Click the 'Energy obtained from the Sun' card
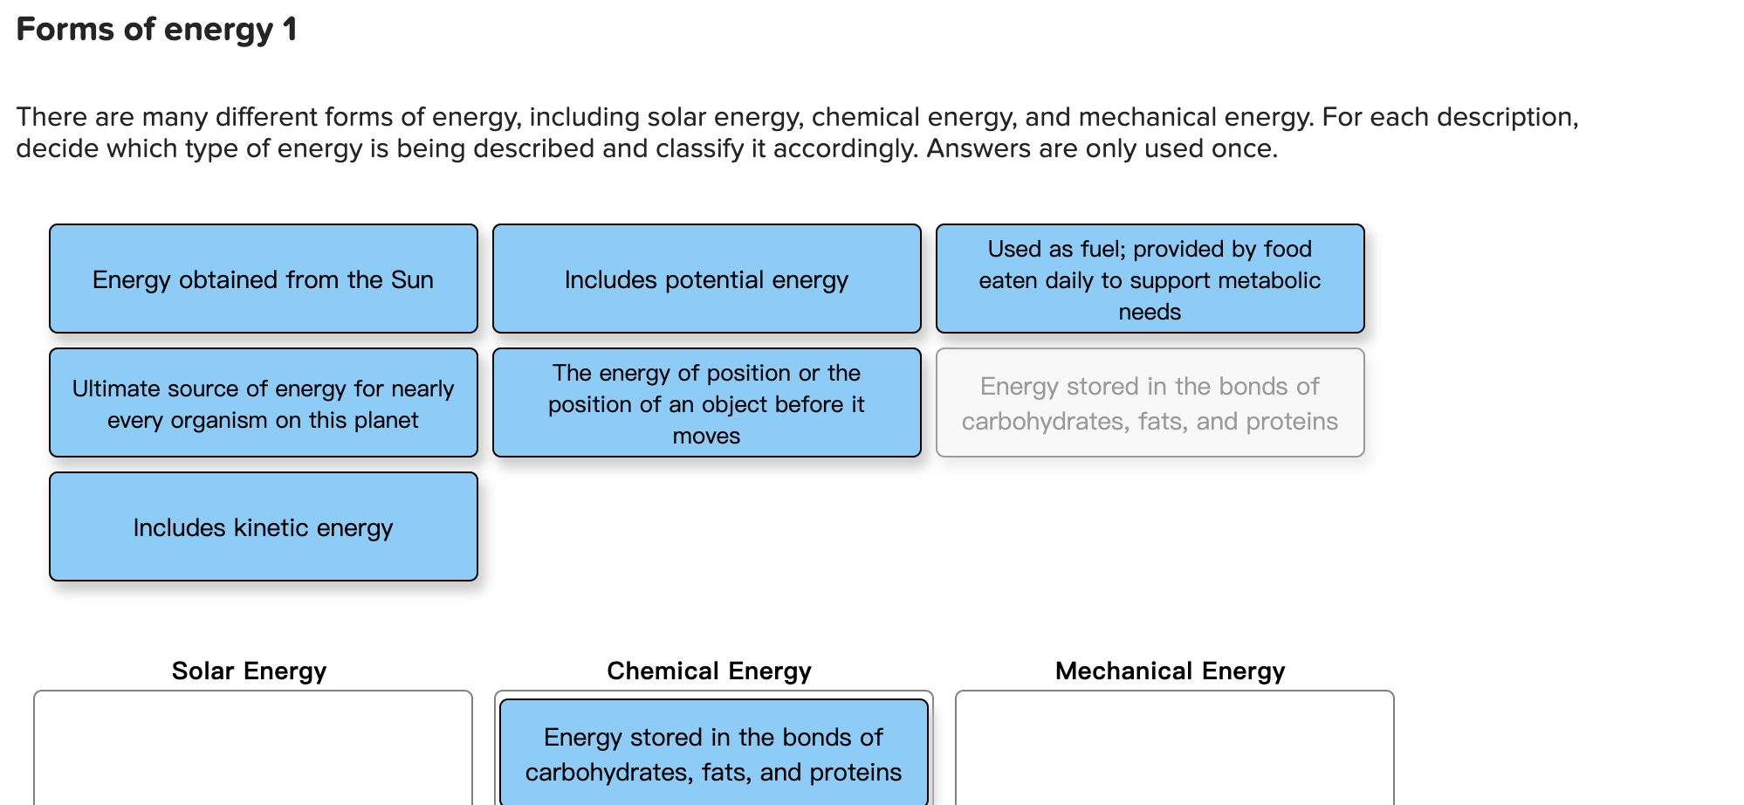pyautogui.click(x=263, y=279)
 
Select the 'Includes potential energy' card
pyautogui.click(x=706, y=279)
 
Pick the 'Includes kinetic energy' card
pyautogui.click(x=263, y=526)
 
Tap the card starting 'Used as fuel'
pyautogui.click(x=1150, y=279)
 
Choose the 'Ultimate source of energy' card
pyautogui.click(x=263, y=402)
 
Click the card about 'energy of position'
pyautogui.click(x=706, y=402)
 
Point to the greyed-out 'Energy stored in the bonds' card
pyautogui.click(x=1150, y=402)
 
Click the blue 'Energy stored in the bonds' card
pyautogui.click(x=713, y=752)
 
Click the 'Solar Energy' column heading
pyautogui.click(x=249, y=671)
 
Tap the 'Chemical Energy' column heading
pyautogui.click(x=709, y=671)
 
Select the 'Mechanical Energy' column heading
pyautogui.click(x=1170, y=671)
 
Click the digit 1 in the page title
pyautogui.click(x=290, y=30)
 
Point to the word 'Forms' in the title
pyautogui.click(x=65, y=30)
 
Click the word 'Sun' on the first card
pyautogui.click(x=412, y=279)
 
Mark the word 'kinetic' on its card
pyautogui.click(x=271, y=527)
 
